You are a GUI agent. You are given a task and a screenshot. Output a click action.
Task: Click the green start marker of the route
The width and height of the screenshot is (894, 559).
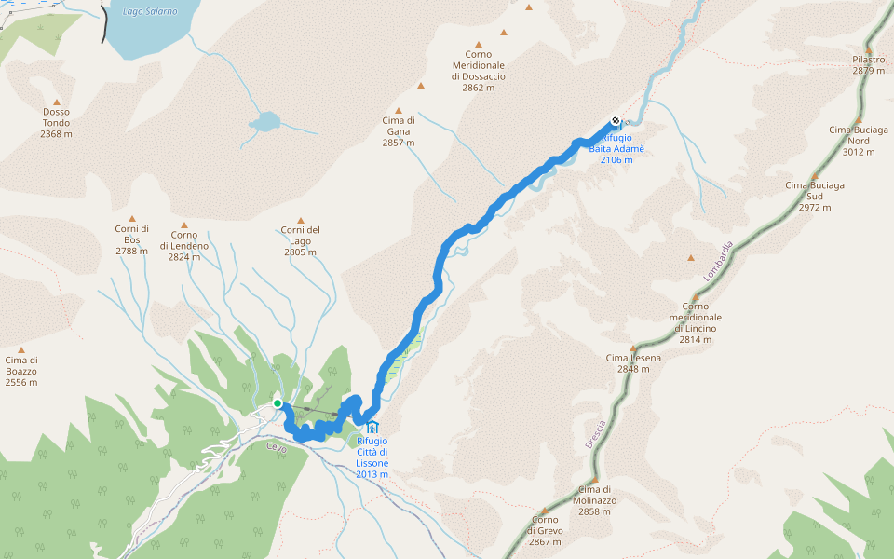pyautogui.click(x=278, y=403)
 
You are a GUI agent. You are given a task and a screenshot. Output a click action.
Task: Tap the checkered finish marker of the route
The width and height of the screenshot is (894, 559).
pyautogui.click(x=616, y=120)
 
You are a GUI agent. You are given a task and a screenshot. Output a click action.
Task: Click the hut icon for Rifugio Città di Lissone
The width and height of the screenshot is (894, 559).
pyautogui.click(x=372, y=427)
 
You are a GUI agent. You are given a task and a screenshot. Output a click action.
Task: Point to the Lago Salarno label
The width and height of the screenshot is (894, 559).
pyautogui.click(x=149, y=11)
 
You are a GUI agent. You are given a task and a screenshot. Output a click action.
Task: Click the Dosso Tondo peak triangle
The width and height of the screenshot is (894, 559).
pyautogui.click(x=56, y=102)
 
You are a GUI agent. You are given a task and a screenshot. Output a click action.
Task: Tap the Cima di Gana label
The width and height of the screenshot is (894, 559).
pyautogui.click(x=399, y=131)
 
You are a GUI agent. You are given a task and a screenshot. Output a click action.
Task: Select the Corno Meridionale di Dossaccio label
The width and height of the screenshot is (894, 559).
pyautogui.click(x=479, y=71)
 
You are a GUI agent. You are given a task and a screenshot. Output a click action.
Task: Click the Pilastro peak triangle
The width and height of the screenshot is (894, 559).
pyautogui.click(x=869, y=51)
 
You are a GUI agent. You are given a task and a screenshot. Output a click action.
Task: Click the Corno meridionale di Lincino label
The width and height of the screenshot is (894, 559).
pyautogui.click(x=695, y=322)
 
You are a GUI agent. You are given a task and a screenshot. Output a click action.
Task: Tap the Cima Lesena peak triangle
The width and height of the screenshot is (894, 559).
pyautogui.click(x=633, y=348)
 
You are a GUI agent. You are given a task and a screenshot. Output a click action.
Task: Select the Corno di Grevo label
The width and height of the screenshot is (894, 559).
pyautogui.click(x=545, y=531)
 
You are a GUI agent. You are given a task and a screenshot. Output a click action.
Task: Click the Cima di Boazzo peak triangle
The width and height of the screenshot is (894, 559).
pyautogui.click(x=21, y=350)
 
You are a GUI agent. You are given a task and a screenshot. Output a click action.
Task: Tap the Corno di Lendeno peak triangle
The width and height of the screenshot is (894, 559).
pyautogui.click(x=184, y=225)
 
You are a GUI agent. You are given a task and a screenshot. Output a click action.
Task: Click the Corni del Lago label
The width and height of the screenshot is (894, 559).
pyautogui.click(x=301, y=241)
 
